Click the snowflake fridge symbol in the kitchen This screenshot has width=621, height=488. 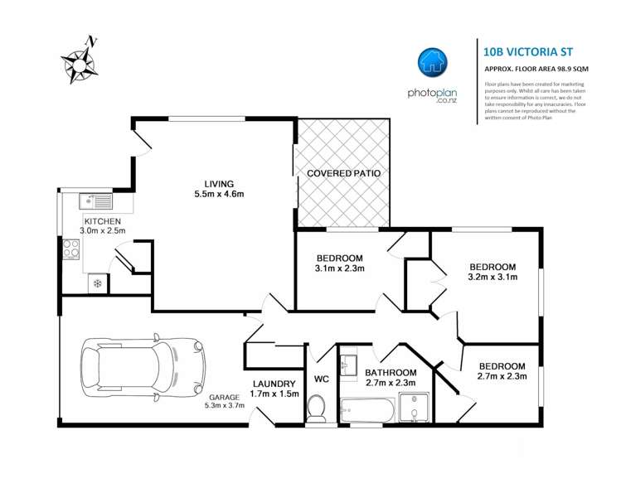[97, 283]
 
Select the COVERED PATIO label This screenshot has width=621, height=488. [343, 174]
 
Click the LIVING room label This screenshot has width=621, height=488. [220, 184]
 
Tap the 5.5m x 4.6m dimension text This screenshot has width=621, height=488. [219, 196]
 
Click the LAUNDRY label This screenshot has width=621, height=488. [274, 384]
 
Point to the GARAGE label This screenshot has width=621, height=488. [224, 397]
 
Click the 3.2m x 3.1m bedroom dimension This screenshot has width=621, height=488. [492, 278]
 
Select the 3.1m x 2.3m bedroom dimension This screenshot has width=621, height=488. [340, 268]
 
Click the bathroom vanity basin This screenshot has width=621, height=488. [348, 365]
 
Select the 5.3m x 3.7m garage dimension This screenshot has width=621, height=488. [224, 406]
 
